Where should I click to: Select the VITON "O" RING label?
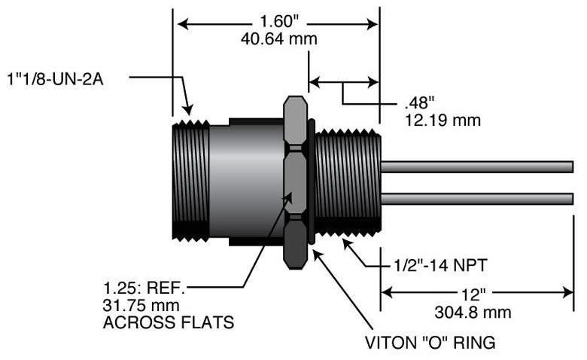coord(430,343)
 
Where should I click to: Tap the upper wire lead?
coord(478,166)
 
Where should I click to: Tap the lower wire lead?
coord(478,198)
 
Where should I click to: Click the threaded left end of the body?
coord(190,181)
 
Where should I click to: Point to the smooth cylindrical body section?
coord(245,181)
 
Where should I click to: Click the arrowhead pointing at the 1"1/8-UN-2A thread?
coord(188,111)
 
